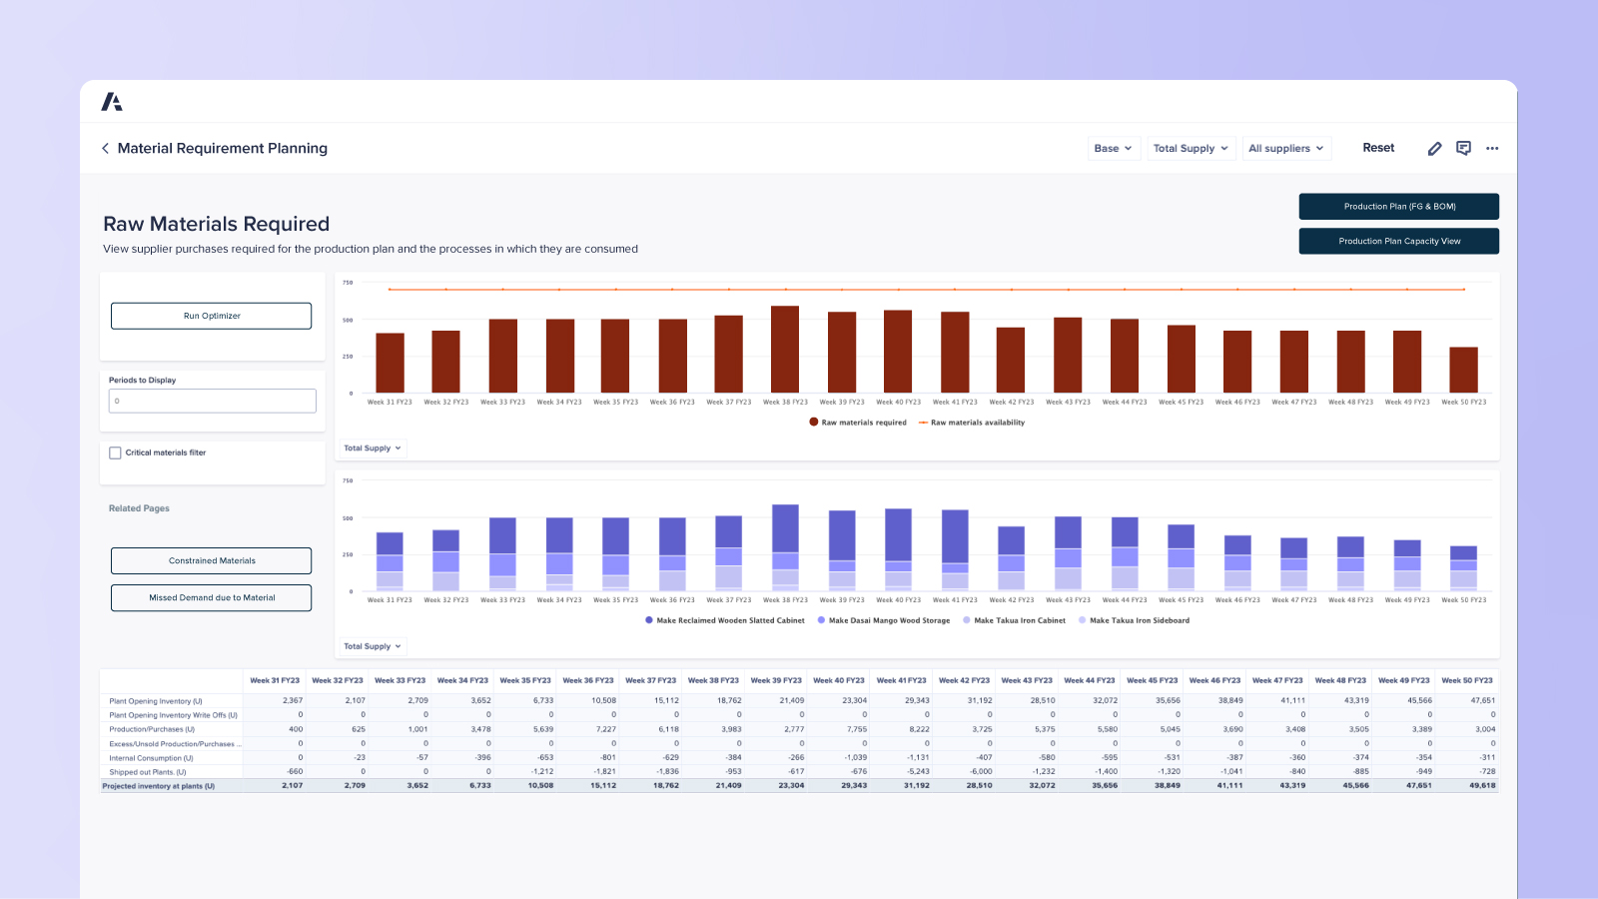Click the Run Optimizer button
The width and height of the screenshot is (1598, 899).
click(x=211, y=316)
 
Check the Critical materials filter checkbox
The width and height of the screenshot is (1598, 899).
click(x=115, y=452)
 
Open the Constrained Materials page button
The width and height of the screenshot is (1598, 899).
click(x=211, y=560)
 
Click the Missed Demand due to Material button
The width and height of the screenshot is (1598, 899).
click(x=211, y=597)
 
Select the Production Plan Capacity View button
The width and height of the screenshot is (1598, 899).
click(x=1398, y=241)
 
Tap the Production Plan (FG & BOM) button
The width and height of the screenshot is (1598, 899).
click(x=1398, y=206)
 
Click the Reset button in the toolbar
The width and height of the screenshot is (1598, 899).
click(x=1378, y=148)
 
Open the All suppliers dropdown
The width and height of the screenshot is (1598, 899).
click(x=1286, y=148)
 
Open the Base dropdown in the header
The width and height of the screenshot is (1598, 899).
click(x=1113, y=148)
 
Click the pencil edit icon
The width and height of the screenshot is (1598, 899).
click(x=1434, y=148)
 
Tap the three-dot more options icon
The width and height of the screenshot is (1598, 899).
click(x=1492, y=148)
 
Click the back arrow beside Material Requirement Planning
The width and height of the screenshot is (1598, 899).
click(x=105, y=148)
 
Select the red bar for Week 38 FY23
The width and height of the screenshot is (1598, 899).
click(x=785, y=350)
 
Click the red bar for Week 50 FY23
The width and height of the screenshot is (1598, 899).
click(x=1463, y=370)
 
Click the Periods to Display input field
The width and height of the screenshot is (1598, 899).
click(x=212, y=401)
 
